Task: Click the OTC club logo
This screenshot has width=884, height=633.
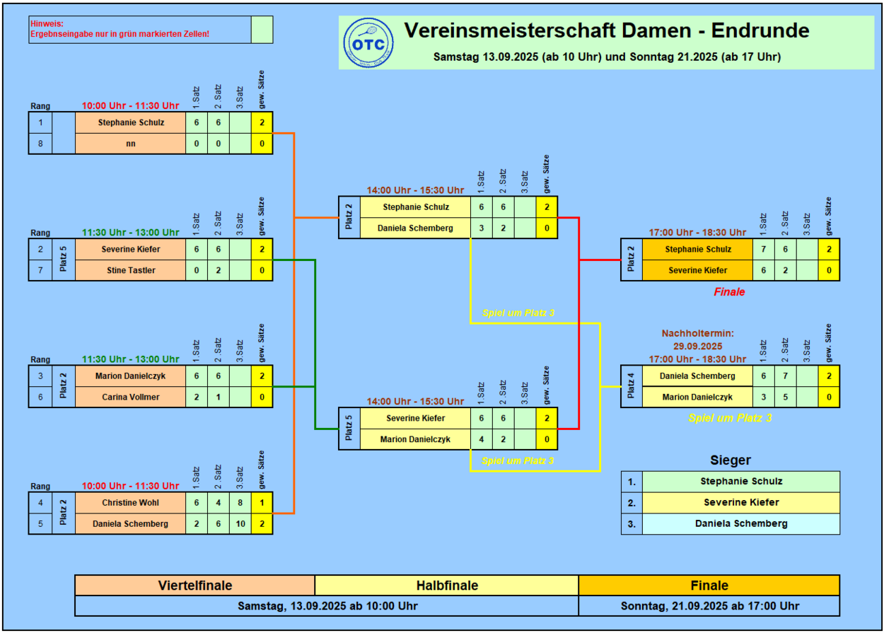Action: (368, 42)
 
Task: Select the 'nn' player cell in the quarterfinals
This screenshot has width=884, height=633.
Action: (130, 144)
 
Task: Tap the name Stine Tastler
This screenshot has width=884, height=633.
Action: (130, 270)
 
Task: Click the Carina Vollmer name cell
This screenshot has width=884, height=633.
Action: (130, 397)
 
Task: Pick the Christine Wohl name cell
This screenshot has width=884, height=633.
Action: (130, 502)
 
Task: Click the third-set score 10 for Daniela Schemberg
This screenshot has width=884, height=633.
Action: (240, 523)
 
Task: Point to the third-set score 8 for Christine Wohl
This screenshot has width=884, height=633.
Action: (240, 502)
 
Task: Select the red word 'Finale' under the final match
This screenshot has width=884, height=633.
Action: (729, 291)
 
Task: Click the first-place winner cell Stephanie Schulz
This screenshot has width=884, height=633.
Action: (740, 482)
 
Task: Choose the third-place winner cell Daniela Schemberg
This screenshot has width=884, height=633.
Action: (740, 523)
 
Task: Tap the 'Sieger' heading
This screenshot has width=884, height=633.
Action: (730, 460)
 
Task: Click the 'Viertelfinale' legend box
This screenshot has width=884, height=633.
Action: (194, 586)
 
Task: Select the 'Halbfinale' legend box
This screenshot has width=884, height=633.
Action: (446, 586)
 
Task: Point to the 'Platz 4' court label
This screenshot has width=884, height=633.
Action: (632, 386)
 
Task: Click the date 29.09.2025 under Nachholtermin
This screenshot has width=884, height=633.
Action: (697, 347)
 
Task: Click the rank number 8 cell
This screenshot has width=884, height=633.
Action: (40, 144)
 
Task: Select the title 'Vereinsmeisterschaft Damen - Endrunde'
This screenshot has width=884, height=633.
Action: (607, 31)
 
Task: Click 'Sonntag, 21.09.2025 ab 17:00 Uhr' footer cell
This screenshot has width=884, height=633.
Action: (709, 606)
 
